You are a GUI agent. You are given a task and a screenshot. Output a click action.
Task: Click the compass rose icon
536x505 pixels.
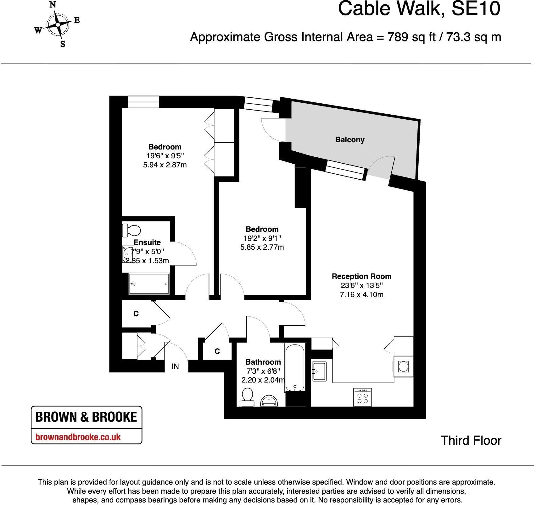[x=58, y=24]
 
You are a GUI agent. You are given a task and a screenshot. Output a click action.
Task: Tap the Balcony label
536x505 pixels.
[x=349, y=140]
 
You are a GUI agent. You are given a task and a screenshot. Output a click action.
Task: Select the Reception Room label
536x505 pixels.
[x=361, y=276]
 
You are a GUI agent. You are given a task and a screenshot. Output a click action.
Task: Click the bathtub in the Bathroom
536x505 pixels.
[x=295, y=367]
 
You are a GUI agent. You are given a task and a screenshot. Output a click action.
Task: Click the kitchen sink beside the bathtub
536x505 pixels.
[x=319, y=371]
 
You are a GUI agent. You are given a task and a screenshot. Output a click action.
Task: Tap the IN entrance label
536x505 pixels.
[x=175, y=366]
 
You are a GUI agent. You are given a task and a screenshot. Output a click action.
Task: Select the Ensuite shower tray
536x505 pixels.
[x=149, y=284]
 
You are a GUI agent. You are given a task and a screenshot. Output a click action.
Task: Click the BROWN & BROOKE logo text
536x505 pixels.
[x=86, y=417]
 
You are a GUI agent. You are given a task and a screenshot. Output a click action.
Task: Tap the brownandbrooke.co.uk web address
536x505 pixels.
[x=78, y=437]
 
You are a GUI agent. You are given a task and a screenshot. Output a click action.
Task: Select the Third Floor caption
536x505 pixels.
[x=471, y=441]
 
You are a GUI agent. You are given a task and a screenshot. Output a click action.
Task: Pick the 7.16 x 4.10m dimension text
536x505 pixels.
[x=361, y=295]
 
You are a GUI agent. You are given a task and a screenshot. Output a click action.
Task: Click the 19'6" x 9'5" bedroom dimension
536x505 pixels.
[x=165, y=156]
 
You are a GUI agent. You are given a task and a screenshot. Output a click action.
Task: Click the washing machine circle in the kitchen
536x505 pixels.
[x=403, y=366]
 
